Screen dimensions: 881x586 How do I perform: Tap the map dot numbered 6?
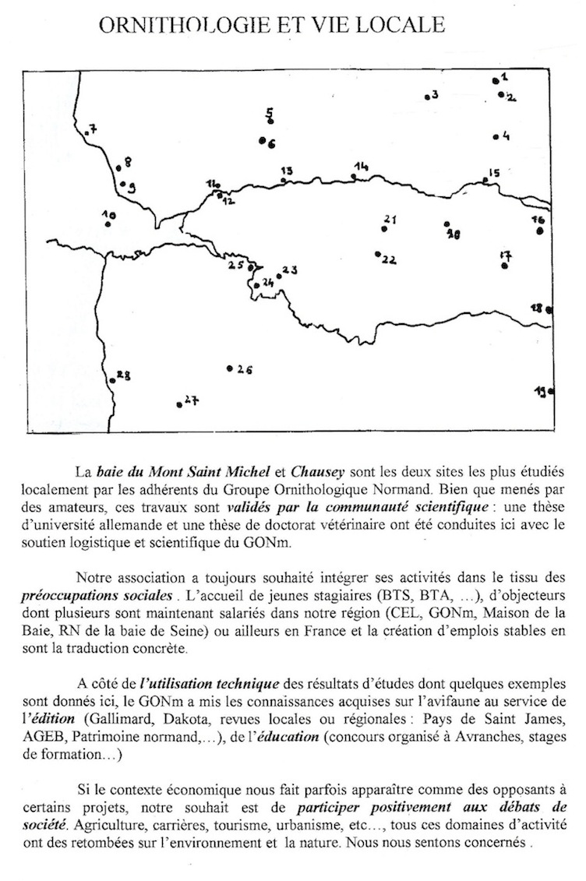point(263,141)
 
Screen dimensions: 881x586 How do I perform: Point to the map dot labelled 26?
point(229,368)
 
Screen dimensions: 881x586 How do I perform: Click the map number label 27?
point(191,400)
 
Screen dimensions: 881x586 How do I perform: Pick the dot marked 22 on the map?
point(377,254)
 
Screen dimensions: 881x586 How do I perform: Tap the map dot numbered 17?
point(505,266)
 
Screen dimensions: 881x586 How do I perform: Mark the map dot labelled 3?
point(427,97)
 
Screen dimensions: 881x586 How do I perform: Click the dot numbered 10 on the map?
point(108,224)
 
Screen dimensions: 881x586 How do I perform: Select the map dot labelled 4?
point(496,137)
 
